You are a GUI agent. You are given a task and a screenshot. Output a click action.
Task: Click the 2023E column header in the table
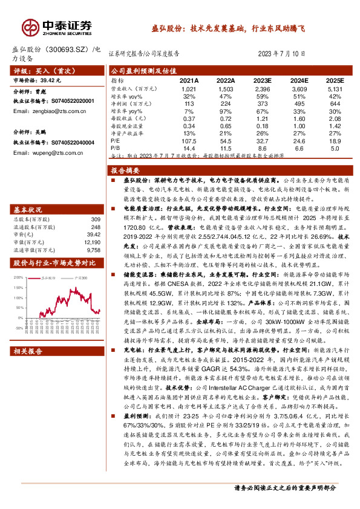(262, 80)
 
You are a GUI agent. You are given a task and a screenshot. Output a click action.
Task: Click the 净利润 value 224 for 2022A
(226, 103)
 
